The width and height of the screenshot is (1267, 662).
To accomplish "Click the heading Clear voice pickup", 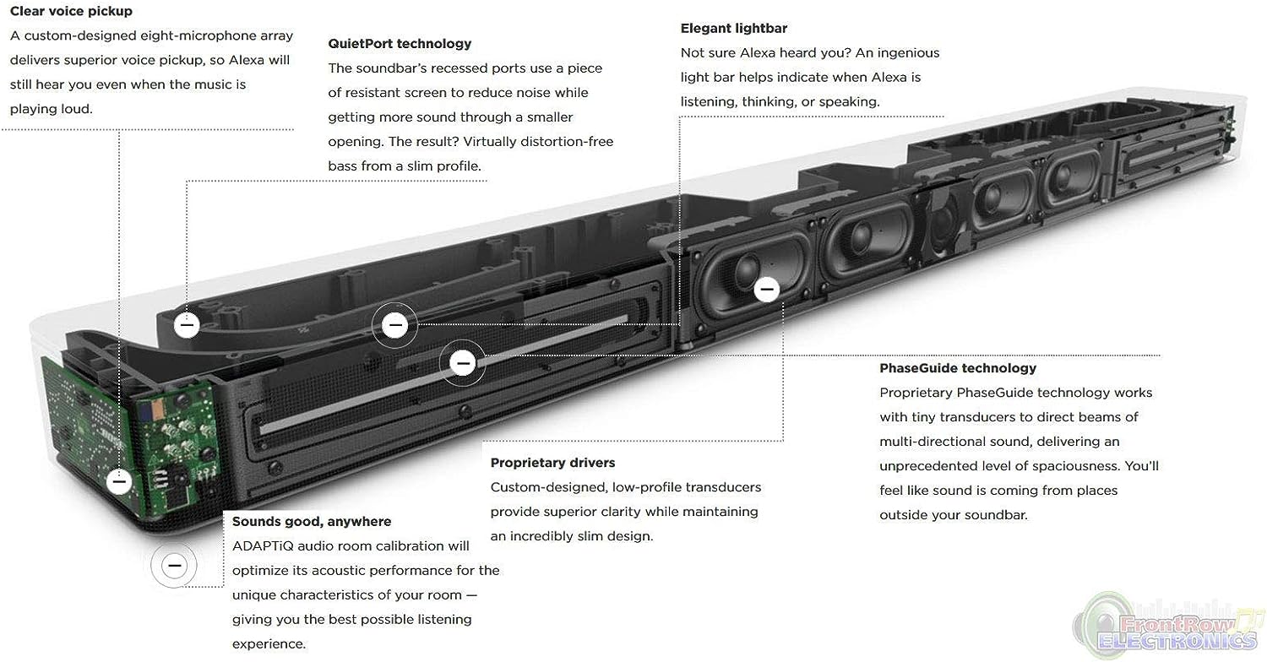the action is click(71, 11).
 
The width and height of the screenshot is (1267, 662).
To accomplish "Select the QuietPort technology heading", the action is click(400, 44).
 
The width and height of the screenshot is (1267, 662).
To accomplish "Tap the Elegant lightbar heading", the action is click(734, 28).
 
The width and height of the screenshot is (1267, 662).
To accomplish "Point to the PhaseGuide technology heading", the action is click(958, 368).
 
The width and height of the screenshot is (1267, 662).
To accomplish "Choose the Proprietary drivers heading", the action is click(552, 463).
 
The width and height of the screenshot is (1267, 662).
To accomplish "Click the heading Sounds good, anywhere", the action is click(312, 521).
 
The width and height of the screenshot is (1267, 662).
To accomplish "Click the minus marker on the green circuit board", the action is click(119, 481).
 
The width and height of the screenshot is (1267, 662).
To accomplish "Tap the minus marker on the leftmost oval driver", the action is click(767, 290).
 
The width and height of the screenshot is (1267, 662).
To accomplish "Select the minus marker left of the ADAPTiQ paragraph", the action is click(174, 566).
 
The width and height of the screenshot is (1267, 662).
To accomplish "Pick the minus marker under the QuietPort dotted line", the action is click(187, 325).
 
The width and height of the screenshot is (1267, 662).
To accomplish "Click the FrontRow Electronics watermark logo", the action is click(1168, 627).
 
